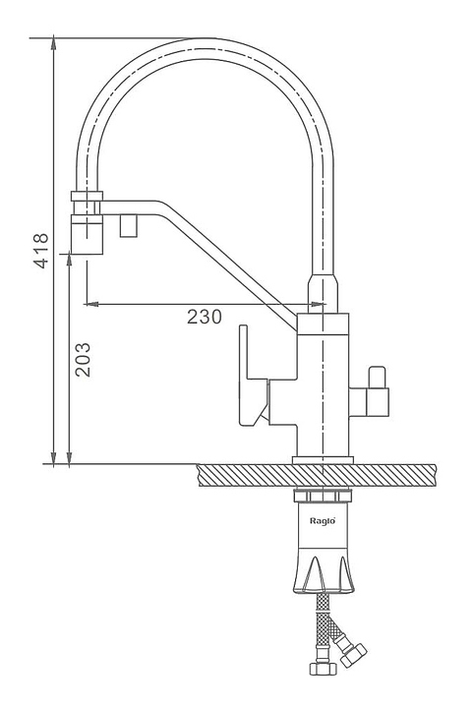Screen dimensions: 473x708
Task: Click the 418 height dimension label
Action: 41,251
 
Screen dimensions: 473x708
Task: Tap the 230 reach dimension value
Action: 205,317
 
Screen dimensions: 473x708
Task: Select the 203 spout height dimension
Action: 83,360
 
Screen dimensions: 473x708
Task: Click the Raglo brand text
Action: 323,520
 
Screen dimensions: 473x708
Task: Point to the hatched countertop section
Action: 317,475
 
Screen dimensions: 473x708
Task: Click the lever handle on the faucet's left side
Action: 254,378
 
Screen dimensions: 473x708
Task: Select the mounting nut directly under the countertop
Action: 323,496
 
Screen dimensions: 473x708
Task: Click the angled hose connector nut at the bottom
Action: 353,653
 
